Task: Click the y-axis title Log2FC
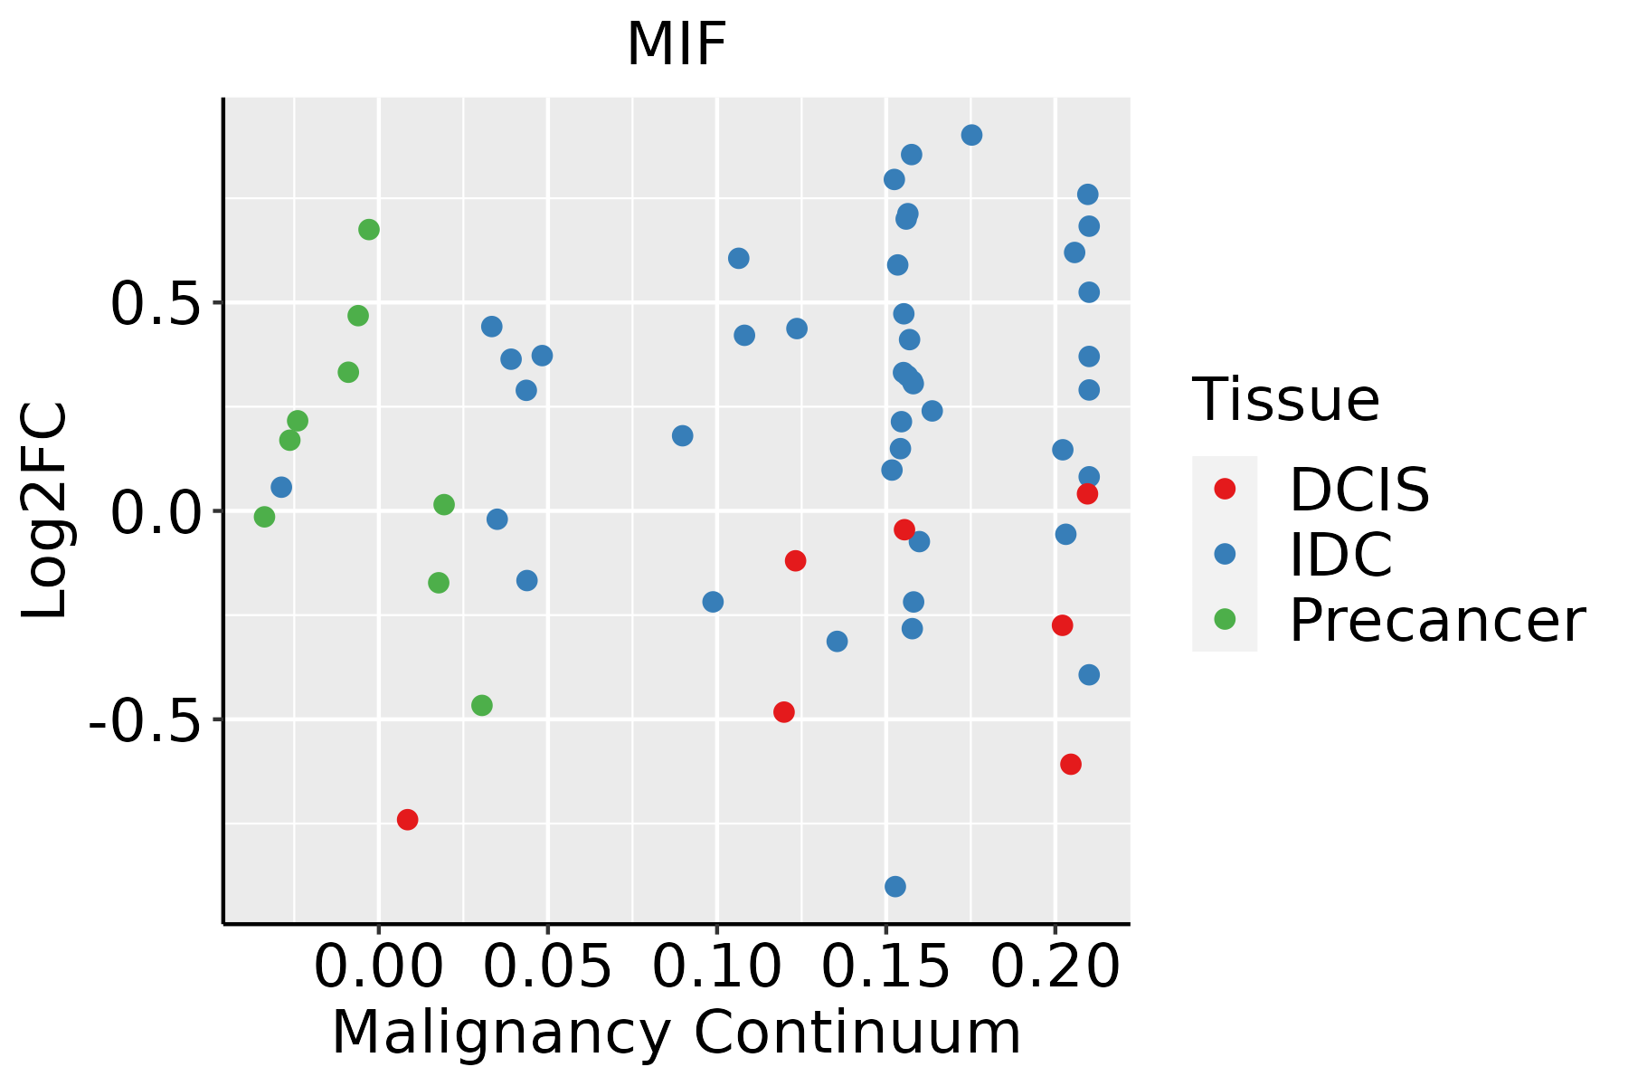coord(45,511)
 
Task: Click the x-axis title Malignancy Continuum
coord(677,1034)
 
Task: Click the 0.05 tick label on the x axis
coord(547,967)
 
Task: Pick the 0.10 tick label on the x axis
coord(716,967)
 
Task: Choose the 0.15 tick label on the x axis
coord(885,967)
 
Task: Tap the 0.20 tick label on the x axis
coord(1055,967)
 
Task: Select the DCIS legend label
coord(1359,490)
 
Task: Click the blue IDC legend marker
coord(1225,554)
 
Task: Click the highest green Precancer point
coord(369,230)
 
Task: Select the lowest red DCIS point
coord(408,820)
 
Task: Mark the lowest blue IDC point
coord(895,887)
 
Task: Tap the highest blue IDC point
coord(972,136)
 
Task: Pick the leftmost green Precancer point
coord(264,517)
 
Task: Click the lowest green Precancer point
coord(482,705)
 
